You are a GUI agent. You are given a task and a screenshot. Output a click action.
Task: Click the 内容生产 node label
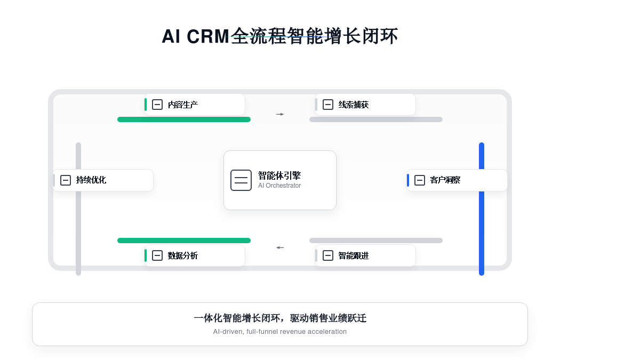[183, 105]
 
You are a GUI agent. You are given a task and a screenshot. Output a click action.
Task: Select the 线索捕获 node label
[354, 105]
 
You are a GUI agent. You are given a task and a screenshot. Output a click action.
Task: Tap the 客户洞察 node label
[445, 180]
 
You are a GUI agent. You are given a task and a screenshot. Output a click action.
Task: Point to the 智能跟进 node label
[354, 255]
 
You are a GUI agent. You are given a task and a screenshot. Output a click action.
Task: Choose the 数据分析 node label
[183, 255]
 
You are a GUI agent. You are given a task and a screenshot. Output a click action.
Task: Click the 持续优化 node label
[91, 180]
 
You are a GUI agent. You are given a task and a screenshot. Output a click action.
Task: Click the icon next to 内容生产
[157, 105]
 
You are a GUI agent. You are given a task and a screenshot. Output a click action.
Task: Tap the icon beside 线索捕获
[328, 105]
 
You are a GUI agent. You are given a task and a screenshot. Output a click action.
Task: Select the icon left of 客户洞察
[420, 180]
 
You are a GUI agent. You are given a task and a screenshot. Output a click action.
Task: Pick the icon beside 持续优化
[66, 180]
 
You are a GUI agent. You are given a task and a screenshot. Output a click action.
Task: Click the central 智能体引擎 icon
[241, 180]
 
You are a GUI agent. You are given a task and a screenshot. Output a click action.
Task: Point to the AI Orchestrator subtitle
[279, 186]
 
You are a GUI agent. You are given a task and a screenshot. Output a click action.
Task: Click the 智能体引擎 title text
[279, 175]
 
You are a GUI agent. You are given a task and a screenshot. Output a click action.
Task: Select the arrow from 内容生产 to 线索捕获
[280, 114]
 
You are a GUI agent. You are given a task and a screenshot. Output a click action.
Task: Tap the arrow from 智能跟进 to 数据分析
[280, 247]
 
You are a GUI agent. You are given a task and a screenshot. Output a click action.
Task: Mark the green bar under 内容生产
[184, 119]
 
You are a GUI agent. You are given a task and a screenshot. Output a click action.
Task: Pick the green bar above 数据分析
[184, 241]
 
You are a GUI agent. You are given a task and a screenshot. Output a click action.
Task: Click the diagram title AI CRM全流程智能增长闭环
[280, 36]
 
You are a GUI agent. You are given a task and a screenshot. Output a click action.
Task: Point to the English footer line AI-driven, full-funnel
[280, 332]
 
